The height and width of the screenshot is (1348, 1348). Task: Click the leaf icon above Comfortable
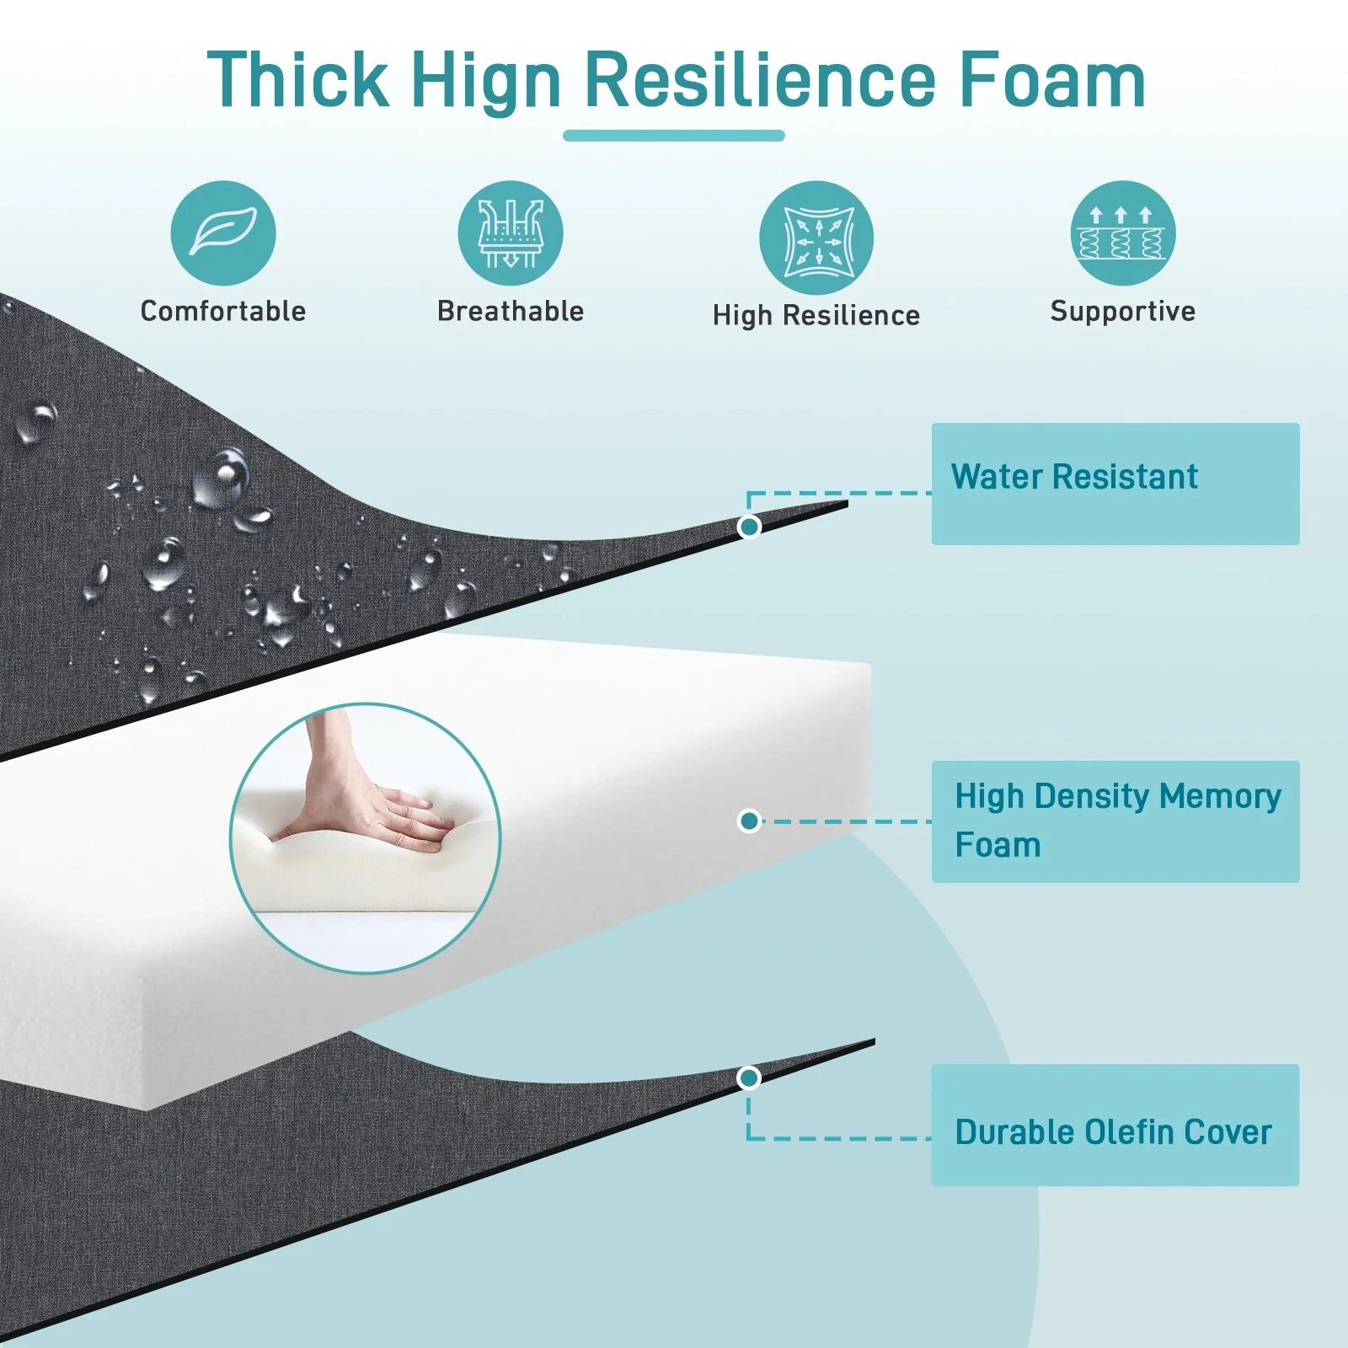coord(223,233)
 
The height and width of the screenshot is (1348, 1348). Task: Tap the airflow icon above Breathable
coord(511,233)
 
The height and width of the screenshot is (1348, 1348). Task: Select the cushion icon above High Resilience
coord(816,238)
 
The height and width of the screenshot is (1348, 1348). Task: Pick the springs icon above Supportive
coord(1123,233)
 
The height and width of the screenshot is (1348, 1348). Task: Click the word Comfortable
coord(223,311)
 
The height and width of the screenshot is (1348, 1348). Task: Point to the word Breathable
coord(511,311)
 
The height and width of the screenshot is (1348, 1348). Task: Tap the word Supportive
coord(1123,312)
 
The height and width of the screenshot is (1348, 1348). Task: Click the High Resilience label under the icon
coord(816,315)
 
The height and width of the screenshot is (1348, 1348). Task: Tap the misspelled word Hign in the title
coord(487,82)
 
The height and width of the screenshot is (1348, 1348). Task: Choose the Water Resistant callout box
coord(1115,484)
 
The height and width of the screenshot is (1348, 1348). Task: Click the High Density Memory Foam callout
coord(1115,821)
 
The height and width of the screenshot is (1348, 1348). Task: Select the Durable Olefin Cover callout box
coord(1115,1125)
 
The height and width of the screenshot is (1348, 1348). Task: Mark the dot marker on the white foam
coord(749,821)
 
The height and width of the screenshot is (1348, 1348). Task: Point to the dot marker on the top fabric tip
coord(749,527)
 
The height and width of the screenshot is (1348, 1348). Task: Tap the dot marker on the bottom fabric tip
coord(748,1078)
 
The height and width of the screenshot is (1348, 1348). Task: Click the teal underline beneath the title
coord(674,136)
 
